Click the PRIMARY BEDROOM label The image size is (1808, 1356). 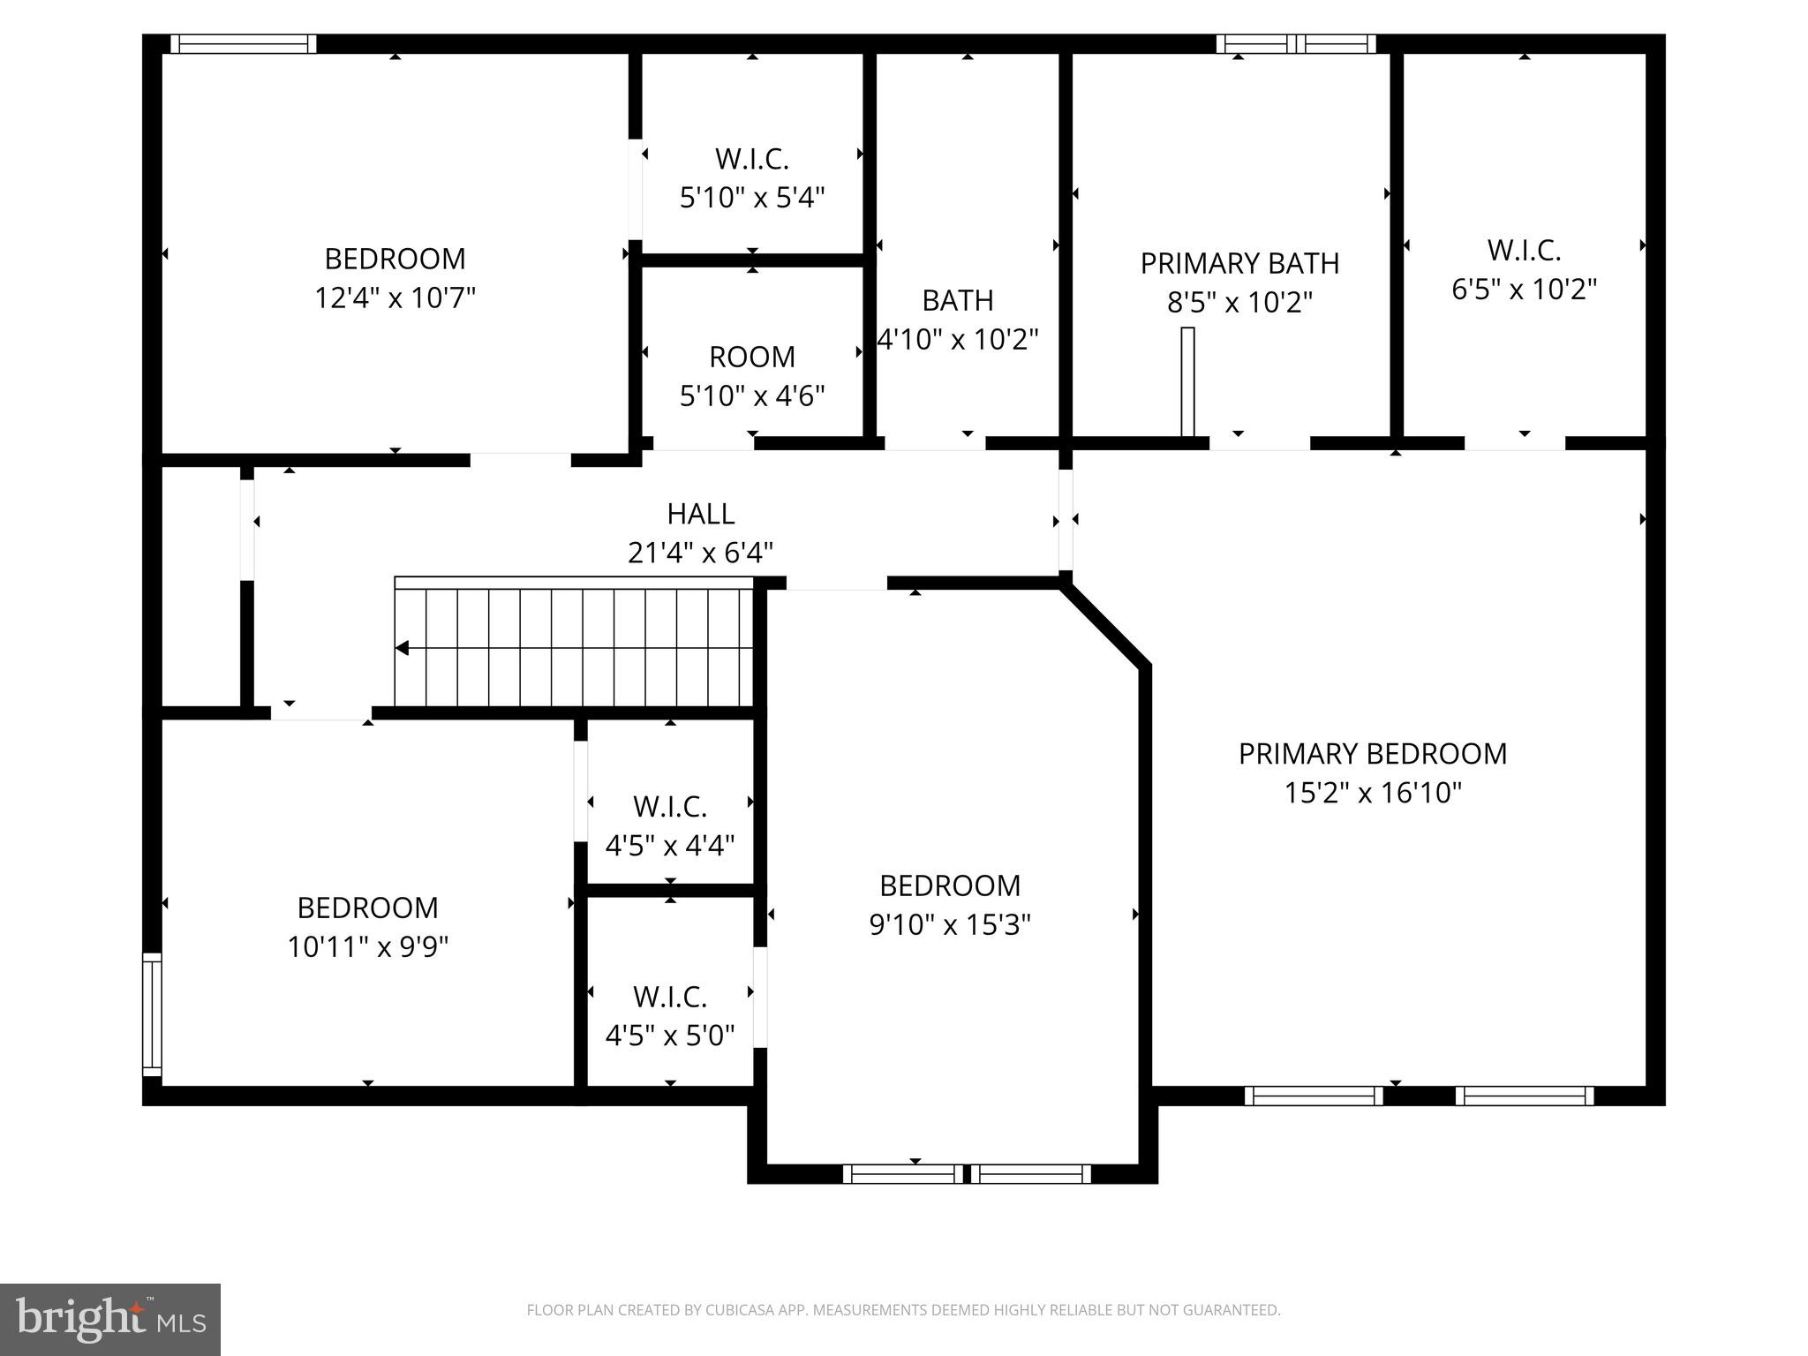tap(1372, 754)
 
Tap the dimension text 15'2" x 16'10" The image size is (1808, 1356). tap(1372, 793)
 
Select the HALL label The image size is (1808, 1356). tap(700, 514)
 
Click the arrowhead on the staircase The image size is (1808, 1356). tap(403, 649)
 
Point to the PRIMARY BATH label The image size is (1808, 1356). tap(1239, 263)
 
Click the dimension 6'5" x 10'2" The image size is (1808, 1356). tap(1524, 290)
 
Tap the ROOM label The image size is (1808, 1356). tap(752, 357)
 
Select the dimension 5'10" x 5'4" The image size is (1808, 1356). tap(752, 198)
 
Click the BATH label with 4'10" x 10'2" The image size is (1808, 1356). tap(958, 300)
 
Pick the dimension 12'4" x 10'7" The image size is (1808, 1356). tap(395, 298)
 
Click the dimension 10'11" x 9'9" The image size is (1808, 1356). tap(367, 947)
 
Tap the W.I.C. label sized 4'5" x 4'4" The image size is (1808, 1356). tap(670, 807)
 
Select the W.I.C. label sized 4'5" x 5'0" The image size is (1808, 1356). tap(670, 997)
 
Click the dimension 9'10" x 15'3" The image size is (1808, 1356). tap(950, 925)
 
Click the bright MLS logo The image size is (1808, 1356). tap(109, 1320)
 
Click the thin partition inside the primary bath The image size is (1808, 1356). tap(1187, 381)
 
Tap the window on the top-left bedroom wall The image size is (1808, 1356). tap(243, 44)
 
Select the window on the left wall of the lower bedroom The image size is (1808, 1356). tap(153, 1014)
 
